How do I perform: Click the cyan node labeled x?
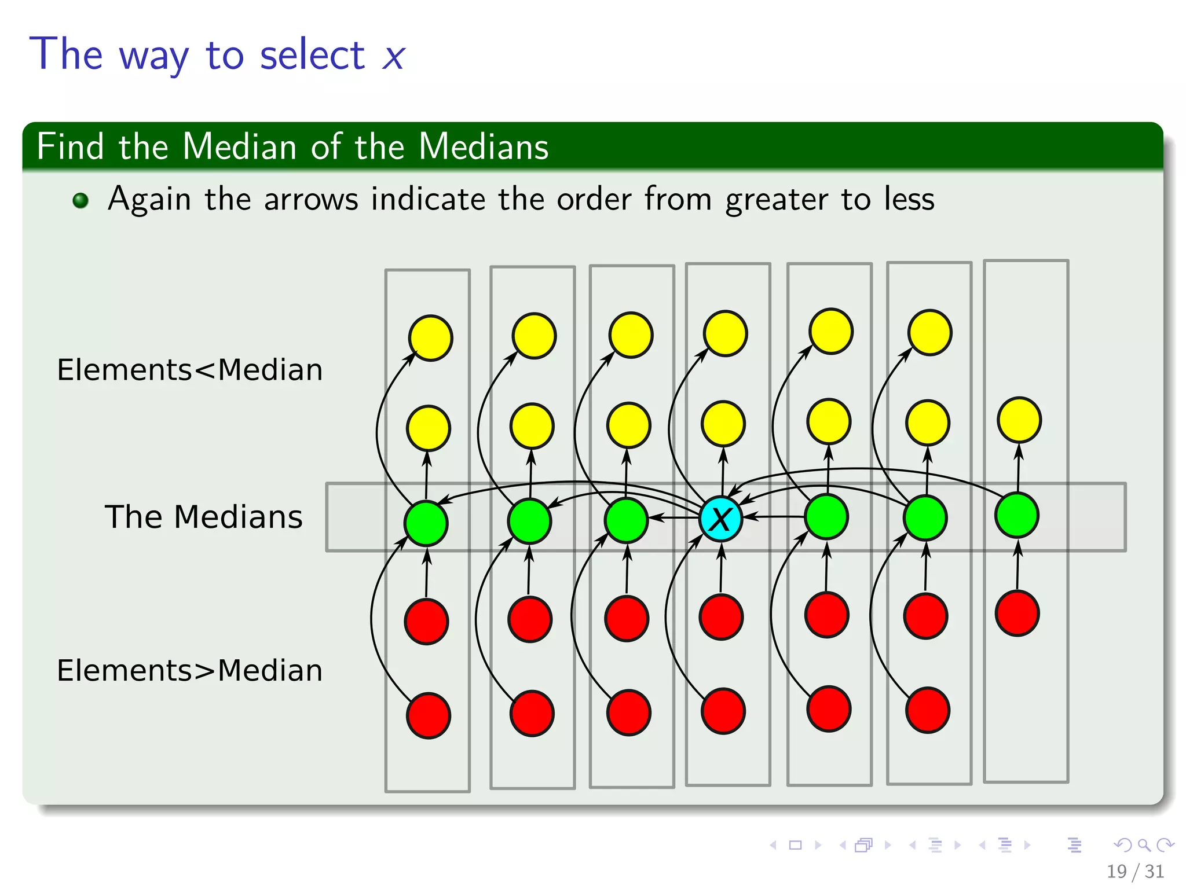point(720,519)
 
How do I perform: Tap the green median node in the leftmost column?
point(426,524)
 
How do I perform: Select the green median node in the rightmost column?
point(1017,515)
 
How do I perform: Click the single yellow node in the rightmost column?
point(1019,420)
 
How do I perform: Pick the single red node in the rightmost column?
point(1017,614)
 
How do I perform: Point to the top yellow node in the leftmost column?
point(430,338)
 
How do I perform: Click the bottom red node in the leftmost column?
point(429,716)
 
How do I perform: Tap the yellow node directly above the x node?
point(723,424)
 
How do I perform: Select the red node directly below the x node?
point(721,617)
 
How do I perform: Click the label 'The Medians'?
point(203,517)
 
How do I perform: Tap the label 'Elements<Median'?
point(189,370)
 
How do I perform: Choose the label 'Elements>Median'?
point(189,671)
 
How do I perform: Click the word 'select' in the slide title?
point(312,56)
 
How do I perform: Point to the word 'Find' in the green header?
point(70,146)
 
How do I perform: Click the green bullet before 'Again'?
point(80,200)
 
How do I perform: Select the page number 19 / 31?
point(1135,871)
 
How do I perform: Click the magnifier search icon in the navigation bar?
point(1144,845)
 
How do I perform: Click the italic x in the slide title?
point(393,57)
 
